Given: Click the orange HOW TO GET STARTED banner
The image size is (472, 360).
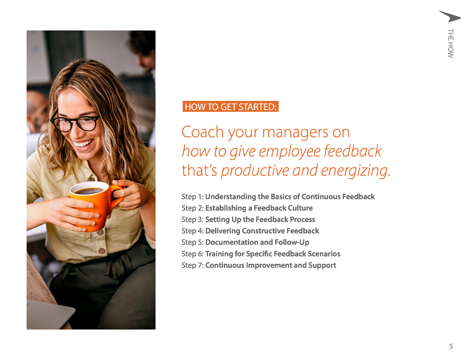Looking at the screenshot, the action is [x=230, y=107].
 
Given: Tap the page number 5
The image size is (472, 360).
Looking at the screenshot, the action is [x=451, y=346].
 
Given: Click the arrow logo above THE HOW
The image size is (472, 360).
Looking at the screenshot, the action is [x=450, y=17].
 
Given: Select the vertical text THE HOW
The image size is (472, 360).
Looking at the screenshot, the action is [x=450, y=43].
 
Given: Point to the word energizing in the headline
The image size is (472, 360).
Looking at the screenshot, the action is [x=356, y=171].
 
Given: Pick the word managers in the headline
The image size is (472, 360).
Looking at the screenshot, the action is [x=295, y=133].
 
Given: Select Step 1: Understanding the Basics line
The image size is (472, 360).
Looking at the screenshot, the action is [x=278, y=197].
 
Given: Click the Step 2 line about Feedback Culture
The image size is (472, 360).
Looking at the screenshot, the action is [x=247, y=208].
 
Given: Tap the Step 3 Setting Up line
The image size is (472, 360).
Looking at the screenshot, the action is [x=248, y=219].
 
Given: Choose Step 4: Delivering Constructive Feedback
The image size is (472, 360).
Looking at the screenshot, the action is [x=250, y=231].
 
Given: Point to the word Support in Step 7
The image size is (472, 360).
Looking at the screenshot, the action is [x=322, y=266].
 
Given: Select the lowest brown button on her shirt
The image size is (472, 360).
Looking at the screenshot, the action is [x=102, y=251].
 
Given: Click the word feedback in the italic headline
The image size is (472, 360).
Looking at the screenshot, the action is [x=352, y=151].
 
